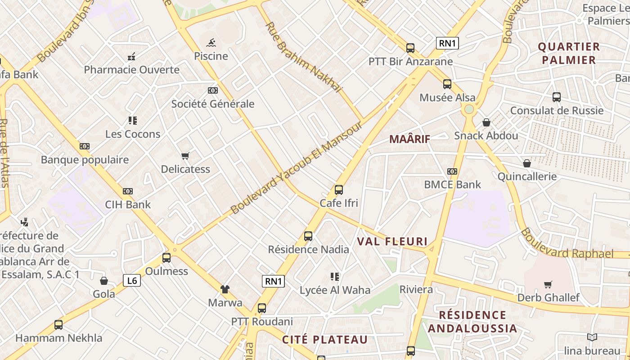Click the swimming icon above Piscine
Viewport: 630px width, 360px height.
[x=211, y=43]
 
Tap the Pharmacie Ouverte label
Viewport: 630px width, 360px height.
[x=131, y=70]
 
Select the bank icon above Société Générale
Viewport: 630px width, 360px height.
[x=213, y=90]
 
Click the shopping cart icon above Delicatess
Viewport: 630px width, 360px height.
[x=185, y=156]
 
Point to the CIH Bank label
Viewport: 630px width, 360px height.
[x=128, y=204]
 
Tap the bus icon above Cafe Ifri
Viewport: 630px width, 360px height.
[x=339, y=189]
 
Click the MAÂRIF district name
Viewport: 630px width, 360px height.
[x=409, y=139]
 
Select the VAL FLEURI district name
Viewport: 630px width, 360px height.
[x=392, y=241]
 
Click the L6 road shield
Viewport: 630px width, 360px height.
[x=132, y=281]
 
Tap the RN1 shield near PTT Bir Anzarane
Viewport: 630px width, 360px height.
[x=447, y=43]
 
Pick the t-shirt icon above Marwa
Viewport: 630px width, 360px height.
[x=225, y=289]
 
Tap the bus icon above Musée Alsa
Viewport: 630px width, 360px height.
[x=447, y=84]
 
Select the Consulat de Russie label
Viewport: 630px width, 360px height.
[x=557, y=111]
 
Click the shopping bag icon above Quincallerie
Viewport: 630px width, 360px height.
[x=526, y=163]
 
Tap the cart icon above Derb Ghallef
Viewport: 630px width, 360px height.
[x=548, y=284]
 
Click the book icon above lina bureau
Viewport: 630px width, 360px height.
[x=592, y=337]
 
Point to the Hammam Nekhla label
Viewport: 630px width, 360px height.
[x=59, y=338]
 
